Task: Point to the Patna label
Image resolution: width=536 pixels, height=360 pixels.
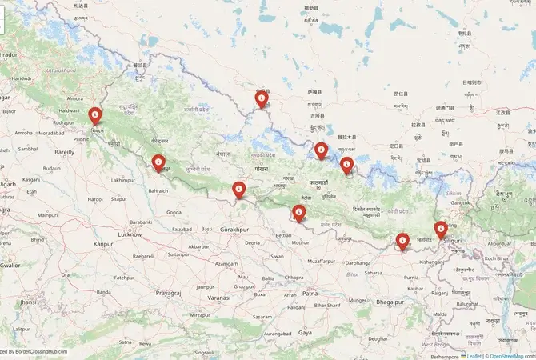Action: [x=310, y=294]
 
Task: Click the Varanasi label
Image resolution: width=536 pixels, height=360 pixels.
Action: [x=218, y=297]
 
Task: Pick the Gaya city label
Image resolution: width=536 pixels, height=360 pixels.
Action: [x=305, y=331]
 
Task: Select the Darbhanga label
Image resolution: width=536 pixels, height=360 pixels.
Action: [x=358, y=262]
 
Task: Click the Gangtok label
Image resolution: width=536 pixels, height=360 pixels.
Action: [x=459, y=203]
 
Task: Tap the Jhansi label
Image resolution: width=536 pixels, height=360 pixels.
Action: [x=28, y=302]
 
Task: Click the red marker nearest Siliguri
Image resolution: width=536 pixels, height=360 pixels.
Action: [x=441, y=230]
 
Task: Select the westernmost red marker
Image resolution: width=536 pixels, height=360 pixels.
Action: [x=95, y=117]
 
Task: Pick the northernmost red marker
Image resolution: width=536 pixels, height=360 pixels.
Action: [x=262, y=98]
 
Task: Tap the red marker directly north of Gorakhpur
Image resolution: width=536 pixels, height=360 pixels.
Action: [x=238, y=190]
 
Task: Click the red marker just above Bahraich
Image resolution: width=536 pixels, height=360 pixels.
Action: [x=158, y=163]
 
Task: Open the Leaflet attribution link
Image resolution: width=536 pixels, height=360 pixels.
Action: [x=472, y=355]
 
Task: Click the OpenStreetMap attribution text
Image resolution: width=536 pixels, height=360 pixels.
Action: [x=511, y=355]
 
